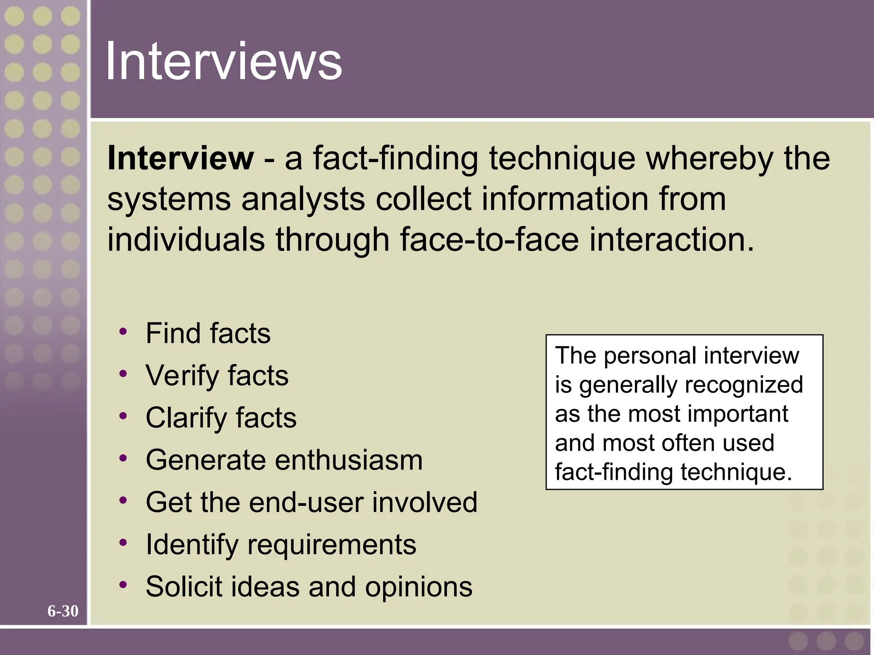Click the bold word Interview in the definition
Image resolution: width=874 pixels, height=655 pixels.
tap(181, 158)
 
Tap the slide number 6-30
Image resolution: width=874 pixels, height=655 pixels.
tap(63, 611)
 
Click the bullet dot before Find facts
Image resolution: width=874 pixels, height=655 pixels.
tap(123, 331)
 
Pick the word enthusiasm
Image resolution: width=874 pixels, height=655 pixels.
tap(349, 460)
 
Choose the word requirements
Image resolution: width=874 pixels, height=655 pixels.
tap(332, 545)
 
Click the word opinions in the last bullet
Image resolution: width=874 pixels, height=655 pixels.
tap(419, 586)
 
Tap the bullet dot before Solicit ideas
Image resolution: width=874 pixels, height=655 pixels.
tap(123, 585)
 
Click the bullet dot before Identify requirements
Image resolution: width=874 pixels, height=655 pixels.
tap(123, 543)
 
